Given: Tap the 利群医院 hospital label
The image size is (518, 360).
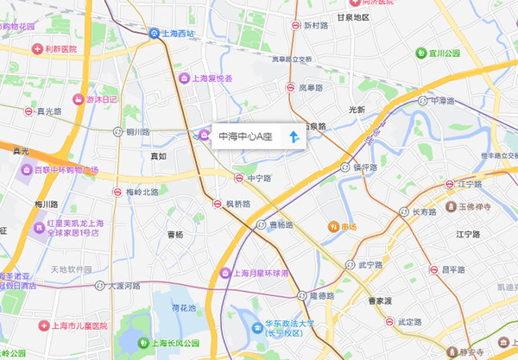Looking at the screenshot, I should (x=60, y=48).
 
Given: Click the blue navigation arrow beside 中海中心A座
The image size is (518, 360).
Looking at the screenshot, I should (x=294, y=136).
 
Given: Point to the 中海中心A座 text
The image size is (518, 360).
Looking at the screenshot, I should (x=245, y=136).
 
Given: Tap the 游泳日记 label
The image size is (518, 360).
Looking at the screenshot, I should (x=101, y=99).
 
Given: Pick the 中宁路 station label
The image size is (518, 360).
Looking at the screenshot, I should (x=259, y=178).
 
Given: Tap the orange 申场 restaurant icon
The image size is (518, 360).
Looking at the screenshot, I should (x=333, y=227).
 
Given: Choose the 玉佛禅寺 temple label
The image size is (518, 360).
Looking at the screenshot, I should (x=473, y=208).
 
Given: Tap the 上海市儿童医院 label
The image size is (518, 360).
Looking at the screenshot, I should (x=83, y=327).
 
